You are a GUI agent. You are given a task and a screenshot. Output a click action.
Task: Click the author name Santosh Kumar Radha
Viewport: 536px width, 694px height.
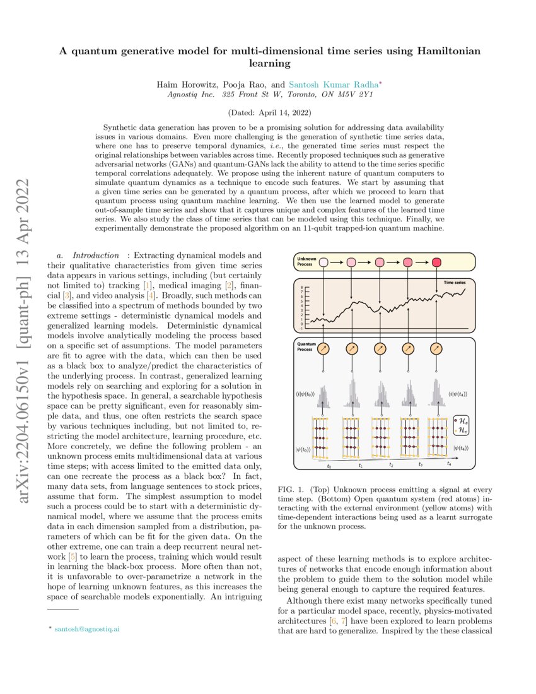tap(330, 83)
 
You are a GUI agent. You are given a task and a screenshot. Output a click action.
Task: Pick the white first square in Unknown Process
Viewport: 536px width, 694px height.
tap(323, 262)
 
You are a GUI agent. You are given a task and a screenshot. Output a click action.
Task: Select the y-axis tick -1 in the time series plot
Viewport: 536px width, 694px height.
tap(302, 329)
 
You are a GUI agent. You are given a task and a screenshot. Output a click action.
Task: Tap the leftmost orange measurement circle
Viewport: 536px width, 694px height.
tap(323, 349)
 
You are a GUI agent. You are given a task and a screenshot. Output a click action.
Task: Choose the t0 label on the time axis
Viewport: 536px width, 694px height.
tap(329, 467)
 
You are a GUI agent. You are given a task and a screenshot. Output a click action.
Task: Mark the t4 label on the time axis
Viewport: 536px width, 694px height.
tap(448, 463)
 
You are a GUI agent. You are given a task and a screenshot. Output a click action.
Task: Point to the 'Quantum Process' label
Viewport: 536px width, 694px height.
tap(305, 346)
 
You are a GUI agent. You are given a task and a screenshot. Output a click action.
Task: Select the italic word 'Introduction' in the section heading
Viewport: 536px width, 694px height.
tap(96, 255)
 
